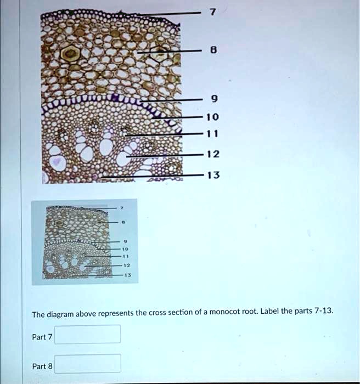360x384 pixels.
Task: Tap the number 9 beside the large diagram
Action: coord(213,100)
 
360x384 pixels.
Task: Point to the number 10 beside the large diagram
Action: coord(213,117)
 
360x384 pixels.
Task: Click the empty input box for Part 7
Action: coord(88,334)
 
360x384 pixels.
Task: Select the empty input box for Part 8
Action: coord(88,363)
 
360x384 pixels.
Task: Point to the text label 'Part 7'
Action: coord(42,337)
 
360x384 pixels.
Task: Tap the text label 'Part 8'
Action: coord(42,366)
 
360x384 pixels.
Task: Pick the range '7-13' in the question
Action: coord(324,310)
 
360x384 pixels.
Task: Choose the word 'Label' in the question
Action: coord(270,311)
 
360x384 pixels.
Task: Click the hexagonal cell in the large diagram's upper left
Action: coord(70,54)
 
